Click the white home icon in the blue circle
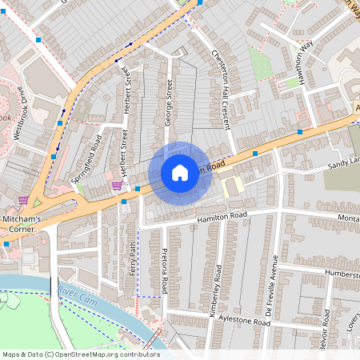pos(180,173)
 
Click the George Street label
pos(169,110)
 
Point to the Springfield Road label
pos(86,158)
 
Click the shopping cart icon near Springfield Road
pos(118,186)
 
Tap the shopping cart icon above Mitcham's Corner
pos(23,200)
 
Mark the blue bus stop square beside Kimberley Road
pos(255,152)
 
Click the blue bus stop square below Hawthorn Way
pos(300,131)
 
